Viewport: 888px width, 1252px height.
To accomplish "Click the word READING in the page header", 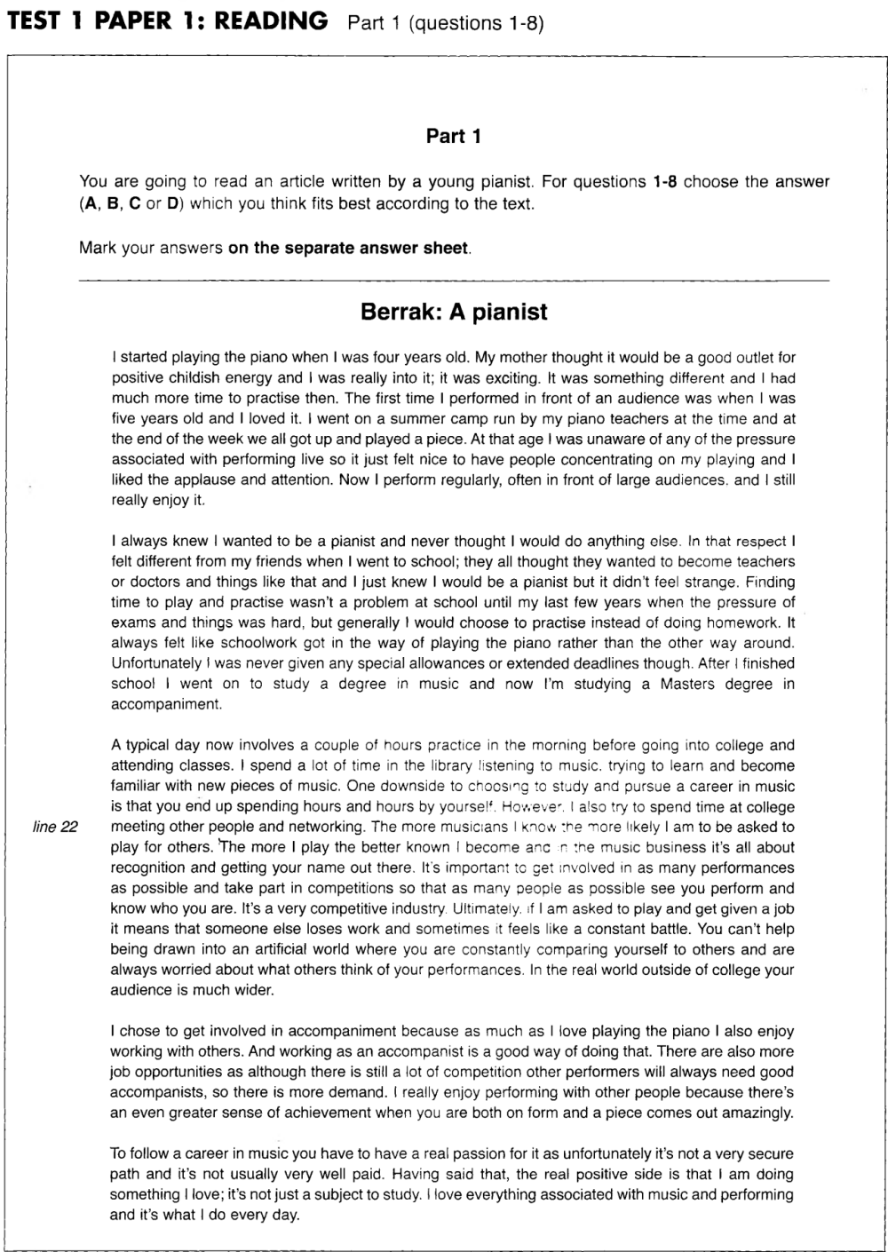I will click(271, 21).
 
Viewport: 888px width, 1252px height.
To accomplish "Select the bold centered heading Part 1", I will click(454, 136).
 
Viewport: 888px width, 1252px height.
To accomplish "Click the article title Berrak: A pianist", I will click(454, 312).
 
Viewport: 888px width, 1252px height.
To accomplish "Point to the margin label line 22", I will click(56, 828).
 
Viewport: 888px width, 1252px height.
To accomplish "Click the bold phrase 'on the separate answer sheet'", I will click(347, 248).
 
